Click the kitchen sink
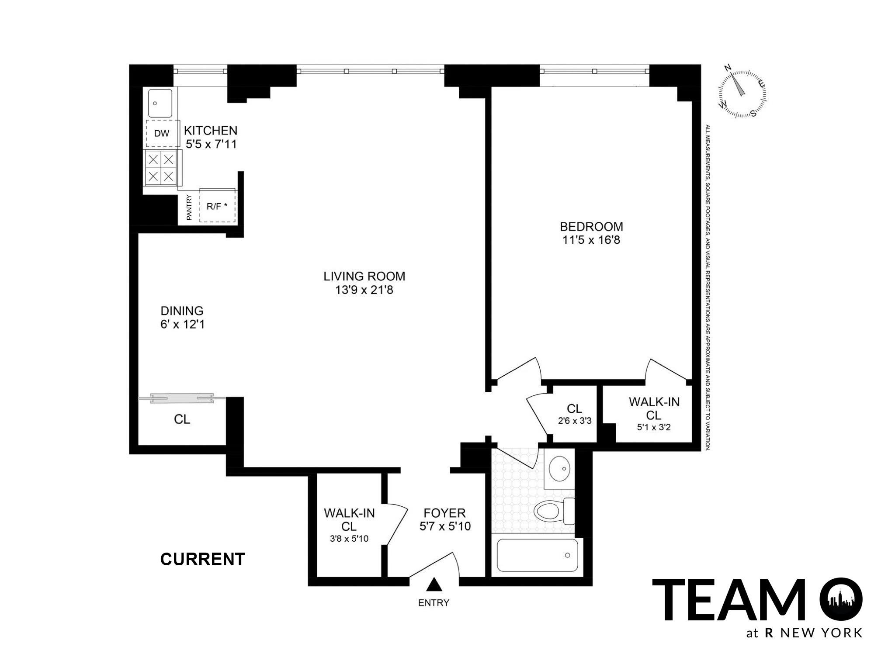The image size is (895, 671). point(160,104)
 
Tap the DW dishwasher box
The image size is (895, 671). point(162,134)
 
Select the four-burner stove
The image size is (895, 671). point(161,168)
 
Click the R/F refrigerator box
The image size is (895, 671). point(217,206)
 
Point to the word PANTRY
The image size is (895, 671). point(189,207)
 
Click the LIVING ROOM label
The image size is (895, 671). point(364,276)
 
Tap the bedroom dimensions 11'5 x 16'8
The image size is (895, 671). point(591,240)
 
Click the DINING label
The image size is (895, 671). point(182,311)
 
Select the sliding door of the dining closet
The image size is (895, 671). point(182,398)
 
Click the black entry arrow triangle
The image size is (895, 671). point(434,584)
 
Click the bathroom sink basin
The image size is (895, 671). point(559,469)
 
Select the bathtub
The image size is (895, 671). point(537,555)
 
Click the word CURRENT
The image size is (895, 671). point(202,559)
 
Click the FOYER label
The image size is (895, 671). point(444,513)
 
